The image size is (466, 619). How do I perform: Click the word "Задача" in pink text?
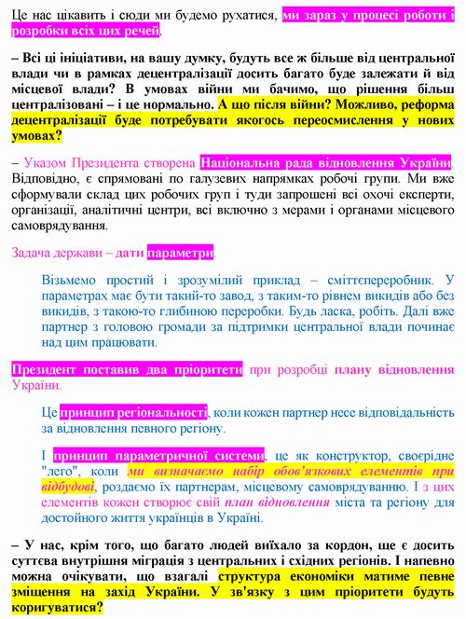point(35,253)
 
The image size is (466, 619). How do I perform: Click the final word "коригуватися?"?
point(57,606)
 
